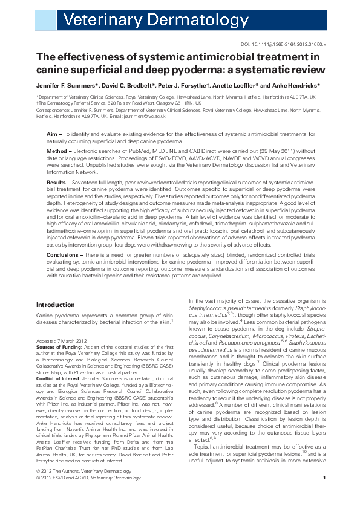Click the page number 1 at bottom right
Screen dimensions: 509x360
pos(324,495)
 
